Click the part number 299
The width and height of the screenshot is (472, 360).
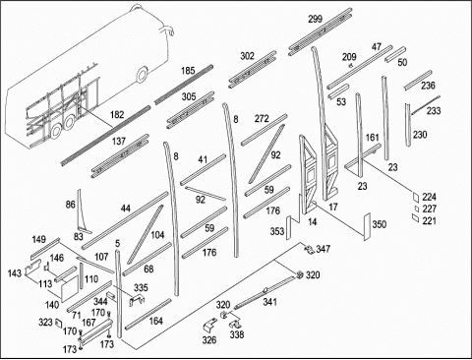315,19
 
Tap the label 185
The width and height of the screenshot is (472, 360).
188,71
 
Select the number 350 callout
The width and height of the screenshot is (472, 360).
379,224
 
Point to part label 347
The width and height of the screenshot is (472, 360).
324,249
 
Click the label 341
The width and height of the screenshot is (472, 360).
269,302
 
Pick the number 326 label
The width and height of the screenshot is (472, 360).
209,340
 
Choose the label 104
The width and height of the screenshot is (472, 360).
157,235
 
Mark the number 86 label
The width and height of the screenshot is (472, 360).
71,205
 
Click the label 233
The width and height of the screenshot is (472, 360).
434,111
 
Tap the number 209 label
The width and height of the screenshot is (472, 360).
349,57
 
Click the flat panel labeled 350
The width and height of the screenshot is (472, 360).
367,227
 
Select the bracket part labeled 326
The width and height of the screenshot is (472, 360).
208,327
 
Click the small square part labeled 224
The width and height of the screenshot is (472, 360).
416,197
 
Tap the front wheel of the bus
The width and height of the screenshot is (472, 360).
143,74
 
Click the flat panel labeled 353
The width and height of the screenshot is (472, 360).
289,227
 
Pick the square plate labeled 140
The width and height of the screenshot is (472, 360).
70,288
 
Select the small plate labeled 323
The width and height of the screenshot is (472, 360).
59,323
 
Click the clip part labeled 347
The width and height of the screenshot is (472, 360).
309,250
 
